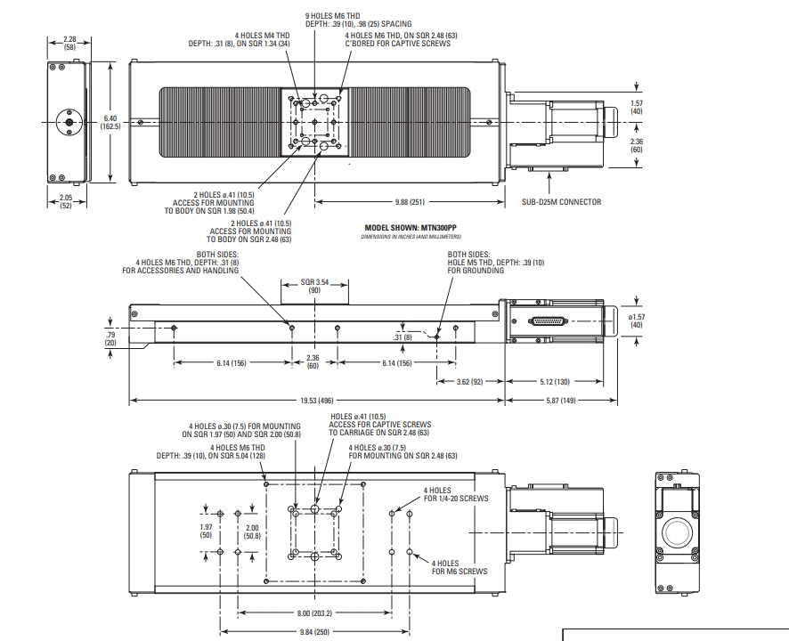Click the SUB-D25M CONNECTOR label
tap(561, 202)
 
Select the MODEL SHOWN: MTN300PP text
tap(411, 228)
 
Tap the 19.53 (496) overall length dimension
tap(317, 401)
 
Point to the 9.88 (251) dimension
tap(410, 202)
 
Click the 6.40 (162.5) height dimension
tap(110, 122)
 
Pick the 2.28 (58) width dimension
tap(69, 44)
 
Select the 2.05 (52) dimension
tap(66, 201)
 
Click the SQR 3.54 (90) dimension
tap(314, 286)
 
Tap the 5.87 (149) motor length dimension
tap(561, 401)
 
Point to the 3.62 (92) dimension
tap(469, 382)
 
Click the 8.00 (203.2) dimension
tap(314, 613)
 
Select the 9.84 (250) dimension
tap(314, 632)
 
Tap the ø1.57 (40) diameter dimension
tap(637, 320)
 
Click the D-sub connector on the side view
tap(548, 321)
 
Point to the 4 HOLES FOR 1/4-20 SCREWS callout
tap(456, 495)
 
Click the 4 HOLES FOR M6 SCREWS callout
tap(460, 567)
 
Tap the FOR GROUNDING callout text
tap(476, 271)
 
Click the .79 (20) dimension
tap(110, 338)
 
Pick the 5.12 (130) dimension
tap(555, 382)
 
